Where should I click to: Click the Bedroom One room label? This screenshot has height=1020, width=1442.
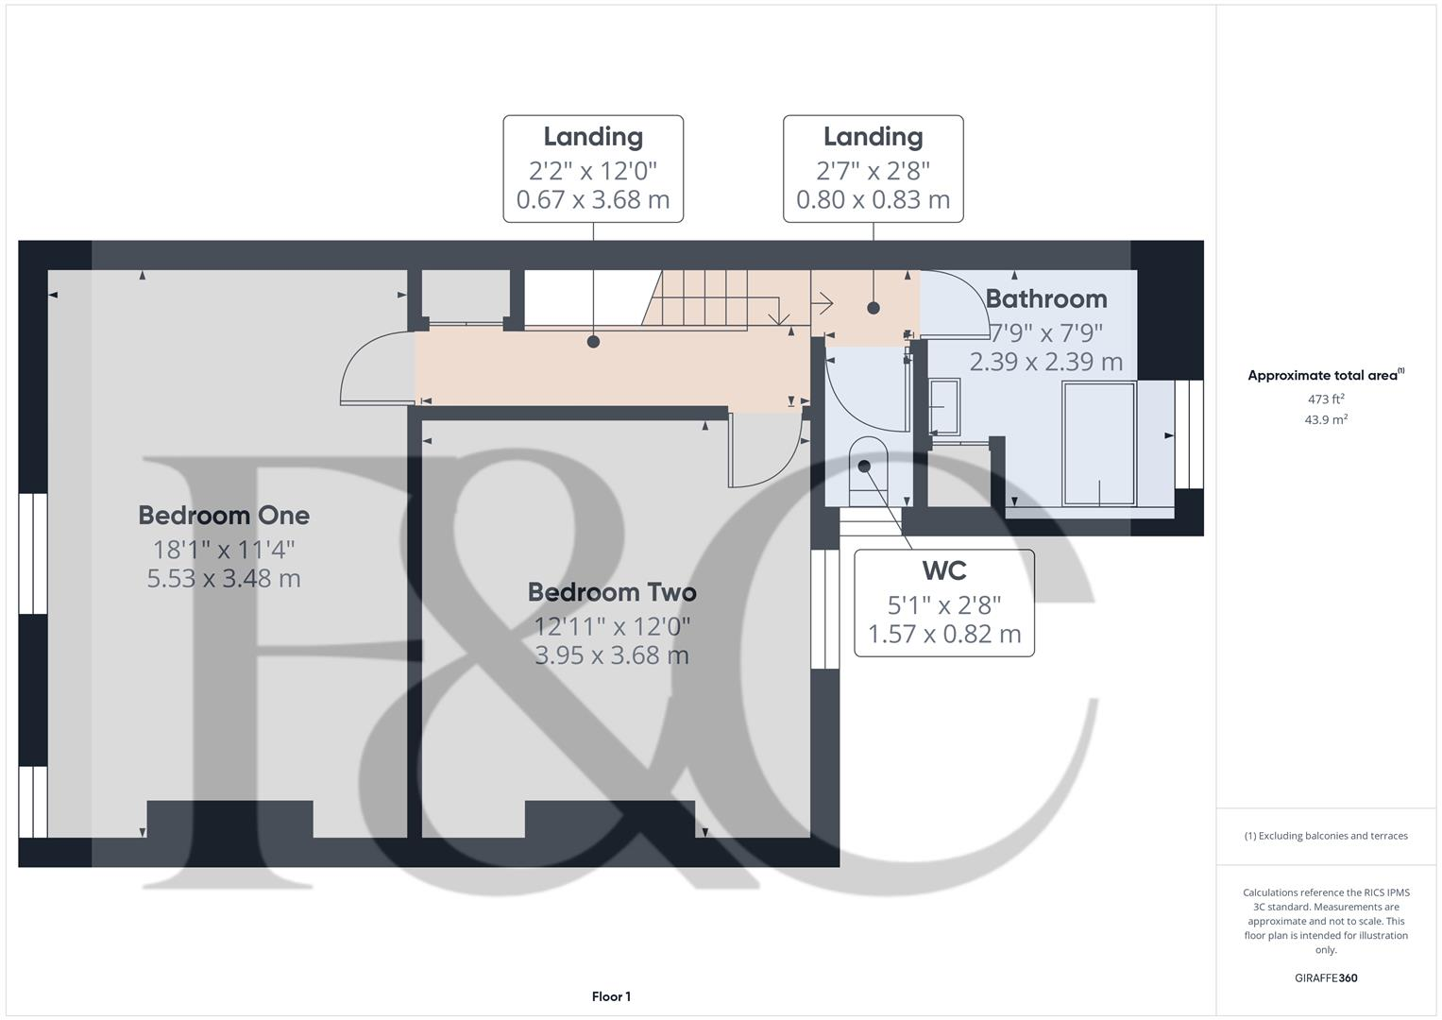click(x=224, y=516)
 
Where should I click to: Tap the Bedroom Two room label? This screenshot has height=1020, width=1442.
click(x=612, y=593)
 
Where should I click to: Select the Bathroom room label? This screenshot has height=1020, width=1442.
click(x=1046, y=299)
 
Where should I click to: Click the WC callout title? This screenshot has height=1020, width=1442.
click(x=943, y=571)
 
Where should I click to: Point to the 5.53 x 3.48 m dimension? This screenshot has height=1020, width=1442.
click(x=224, y=579)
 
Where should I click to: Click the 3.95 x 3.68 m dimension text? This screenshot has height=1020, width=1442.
click(x=612, y=655)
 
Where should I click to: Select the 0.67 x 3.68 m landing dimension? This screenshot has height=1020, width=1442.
click(x=593, y=200)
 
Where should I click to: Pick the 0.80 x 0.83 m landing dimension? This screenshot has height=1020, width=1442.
click(x=873, y=200)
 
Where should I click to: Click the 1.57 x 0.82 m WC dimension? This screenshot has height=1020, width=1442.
click(x=944, y=634)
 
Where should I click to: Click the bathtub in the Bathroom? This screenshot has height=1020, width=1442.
click(x=1098, y=443)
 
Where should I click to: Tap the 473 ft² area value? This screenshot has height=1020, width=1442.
click(x=1326, y=399)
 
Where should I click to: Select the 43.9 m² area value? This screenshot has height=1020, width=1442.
click(x=1326, y=420)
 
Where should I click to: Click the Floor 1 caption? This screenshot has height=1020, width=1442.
click(x=611, y=996)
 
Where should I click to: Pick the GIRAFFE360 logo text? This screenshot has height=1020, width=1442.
click(x=1326, y=978)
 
